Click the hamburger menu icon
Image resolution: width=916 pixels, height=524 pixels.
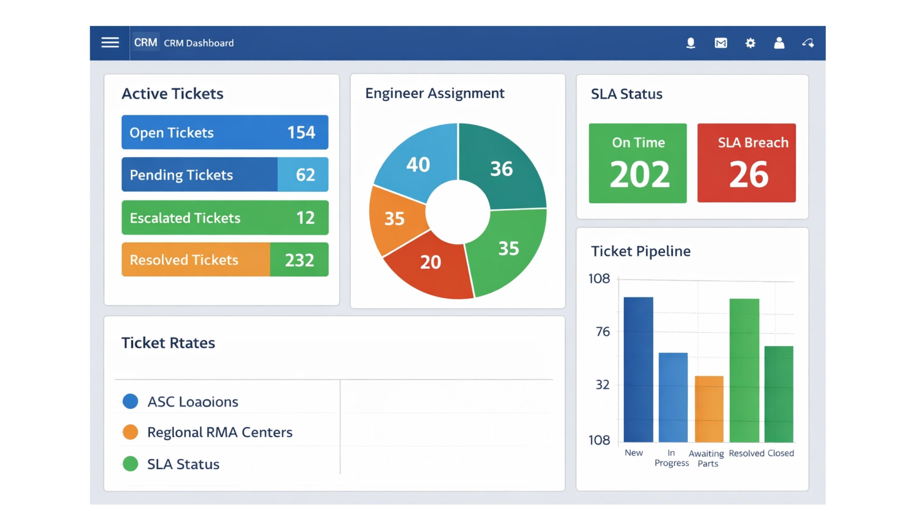(110, 43)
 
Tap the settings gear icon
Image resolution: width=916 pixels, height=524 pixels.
(750, 43)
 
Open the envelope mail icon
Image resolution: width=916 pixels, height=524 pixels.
(720, 43)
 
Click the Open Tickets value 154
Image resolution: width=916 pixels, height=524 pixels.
(301, 132)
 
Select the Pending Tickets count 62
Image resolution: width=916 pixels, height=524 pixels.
(305, 174)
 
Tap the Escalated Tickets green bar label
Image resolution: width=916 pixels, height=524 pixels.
(185, 218)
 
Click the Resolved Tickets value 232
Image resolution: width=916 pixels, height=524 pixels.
(299, 260)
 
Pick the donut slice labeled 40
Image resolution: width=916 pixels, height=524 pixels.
(418, 164)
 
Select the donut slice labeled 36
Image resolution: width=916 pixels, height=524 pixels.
(501, 169)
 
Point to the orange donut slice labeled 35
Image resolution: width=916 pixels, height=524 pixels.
(394, 218)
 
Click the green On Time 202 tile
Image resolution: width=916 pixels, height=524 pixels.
(638, 163)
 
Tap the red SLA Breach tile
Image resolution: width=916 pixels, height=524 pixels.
(746, 163)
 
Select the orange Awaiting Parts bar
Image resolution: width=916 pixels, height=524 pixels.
(709, 409)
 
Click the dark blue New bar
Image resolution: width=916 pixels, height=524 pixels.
(638, 370)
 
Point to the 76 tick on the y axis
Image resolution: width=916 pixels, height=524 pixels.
(603, 332)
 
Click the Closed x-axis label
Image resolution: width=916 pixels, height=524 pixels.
(781, 453)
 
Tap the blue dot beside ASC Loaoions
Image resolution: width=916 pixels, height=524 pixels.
(130, 401)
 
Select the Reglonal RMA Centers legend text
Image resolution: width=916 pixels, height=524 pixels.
(220, 432)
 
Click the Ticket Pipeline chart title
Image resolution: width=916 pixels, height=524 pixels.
(641, 251)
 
